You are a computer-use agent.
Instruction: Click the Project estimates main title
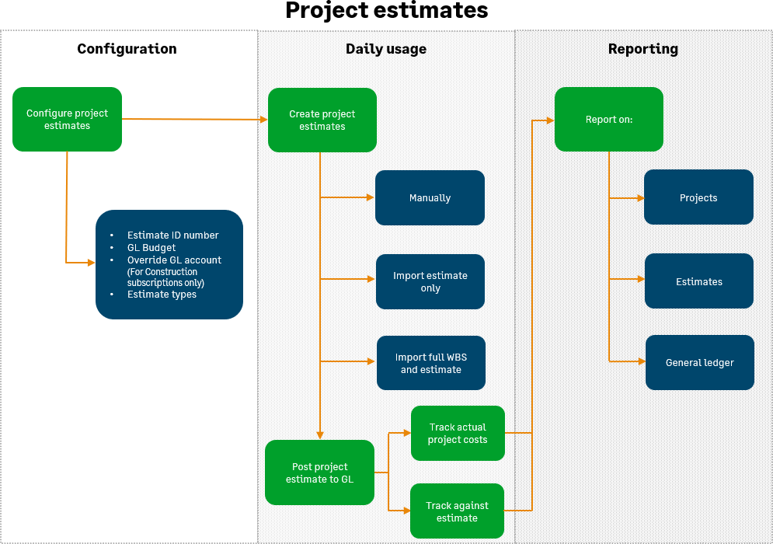pos(386,11)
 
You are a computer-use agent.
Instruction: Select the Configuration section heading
pos(127,49)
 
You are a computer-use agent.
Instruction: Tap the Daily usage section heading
pos(386,49)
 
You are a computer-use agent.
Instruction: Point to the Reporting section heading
pos(642,49)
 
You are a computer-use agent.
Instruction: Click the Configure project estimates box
pos(67,119)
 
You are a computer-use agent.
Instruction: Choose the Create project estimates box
pos(322,120)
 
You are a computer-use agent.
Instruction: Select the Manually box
pos(430,198)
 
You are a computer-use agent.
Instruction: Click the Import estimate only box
pos(430,281)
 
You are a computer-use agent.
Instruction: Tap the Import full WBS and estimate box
pos(430,363)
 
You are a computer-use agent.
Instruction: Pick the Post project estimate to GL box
pos(319,473)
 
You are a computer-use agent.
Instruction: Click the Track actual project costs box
pos(458,433)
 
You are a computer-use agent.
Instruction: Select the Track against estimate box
pos(457,511)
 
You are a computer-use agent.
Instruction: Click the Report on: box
pos(608,120)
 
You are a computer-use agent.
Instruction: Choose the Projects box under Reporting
pos(698,197)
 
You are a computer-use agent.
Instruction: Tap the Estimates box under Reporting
pos(698,281)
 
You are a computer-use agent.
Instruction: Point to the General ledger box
pos(699,363)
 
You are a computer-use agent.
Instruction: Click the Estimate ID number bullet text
pos(172,235)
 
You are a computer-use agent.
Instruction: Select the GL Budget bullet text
pos(151,248)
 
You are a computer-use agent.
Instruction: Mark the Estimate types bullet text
pos(162,295)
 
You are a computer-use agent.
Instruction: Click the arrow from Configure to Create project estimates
pos(194,119)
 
